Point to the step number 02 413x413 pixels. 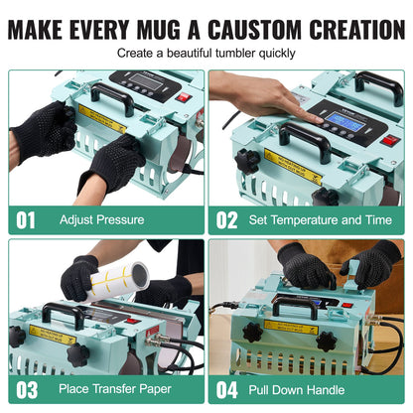(x=226, y=218)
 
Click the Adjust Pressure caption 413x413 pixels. (x=101, y=218)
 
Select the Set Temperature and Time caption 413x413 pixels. (x=319, y=218)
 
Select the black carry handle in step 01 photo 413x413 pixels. (x=113, y=97)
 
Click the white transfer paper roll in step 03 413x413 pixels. (x=116, y=280)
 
